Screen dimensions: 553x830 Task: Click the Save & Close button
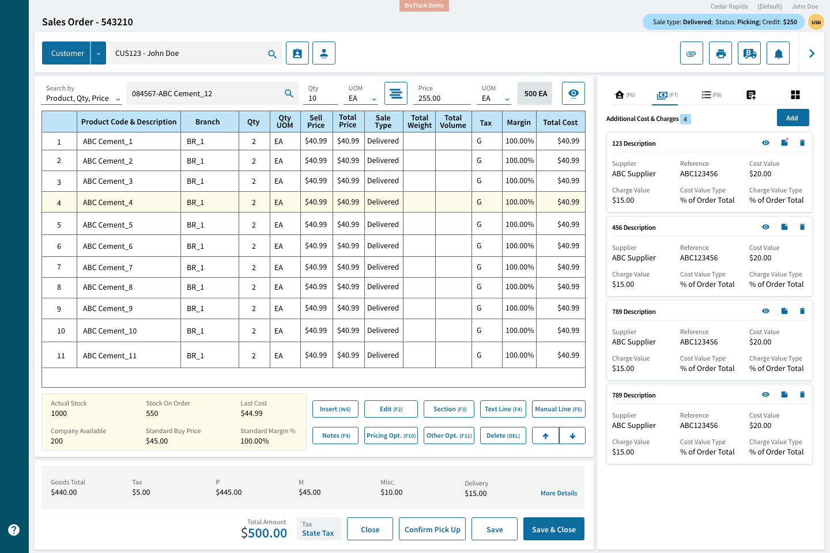553,529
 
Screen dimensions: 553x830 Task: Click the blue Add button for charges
793,118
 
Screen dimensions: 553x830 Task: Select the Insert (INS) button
335,409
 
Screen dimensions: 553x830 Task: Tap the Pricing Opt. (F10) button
391,435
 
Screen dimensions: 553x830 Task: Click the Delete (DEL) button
503,435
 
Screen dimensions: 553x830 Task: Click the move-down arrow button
572,435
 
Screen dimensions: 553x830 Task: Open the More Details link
559,493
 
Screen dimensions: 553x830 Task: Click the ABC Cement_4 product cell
108,203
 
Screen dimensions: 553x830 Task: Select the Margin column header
519,122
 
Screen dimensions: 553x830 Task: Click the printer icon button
720,54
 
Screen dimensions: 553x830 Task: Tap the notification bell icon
778,54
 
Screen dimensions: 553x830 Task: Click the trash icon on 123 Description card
802,143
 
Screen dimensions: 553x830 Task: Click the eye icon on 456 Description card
765,227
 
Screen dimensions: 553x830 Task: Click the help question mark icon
14,530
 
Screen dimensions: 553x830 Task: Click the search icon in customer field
272,54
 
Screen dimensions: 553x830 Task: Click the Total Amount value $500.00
264,533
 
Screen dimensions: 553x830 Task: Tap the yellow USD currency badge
816,22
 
